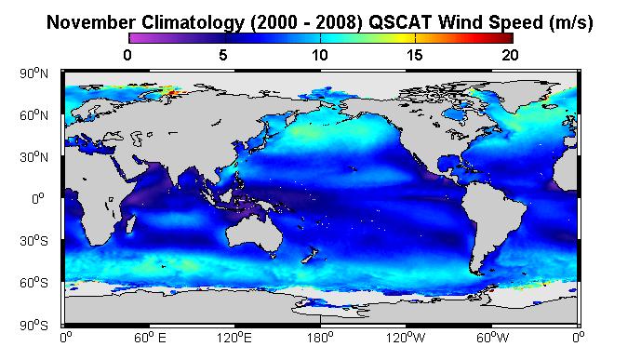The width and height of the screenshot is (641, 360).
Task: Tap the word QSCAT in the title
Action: point(400,22)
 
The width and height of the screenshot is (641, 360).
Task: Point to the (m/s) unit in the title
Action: point(570,23)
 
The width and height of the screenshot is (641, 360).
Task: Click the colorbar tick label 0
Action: point(127,55)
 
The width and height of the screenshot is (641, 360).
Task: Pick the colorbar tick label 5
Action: point(223,55)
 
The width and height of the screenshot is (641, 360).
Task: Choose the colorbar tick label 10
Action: point(320,55)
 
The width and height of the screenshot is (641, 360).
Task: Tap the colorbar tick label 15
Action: point(415,55)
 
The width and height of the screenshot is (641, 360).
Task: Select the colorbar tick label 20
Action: point(510,55)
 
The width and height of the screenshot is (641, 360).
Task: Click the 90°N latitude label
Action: point(33,73)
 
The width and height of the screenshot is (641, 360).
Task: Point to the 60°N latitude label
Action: point(33,115)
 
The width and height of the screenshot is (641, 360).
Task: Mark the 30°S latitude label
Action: point(33,241)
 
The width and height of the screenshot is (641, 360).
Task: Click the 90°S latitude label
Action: point(33,326)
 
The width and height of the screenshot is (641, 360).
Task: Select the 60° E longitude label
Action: point(150,338)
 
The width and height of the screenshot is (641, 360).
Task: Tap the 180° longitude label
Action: point(320,338)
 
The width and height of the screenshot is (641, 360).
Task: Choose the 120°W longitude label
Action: point(406,338)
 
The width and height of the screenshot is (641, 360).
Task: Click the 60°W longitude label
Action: point(493,338)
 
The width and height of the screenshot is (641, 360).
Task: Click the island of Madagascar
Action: point(131,224)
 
